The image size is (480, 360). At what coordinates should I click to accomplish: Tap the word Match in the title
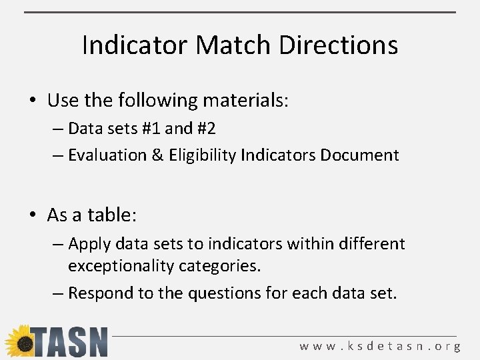pyautogui.click(x=234, y=45)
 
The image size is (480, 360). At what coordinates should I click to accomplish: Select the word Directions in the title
pyautogui.click(x=339, y=45)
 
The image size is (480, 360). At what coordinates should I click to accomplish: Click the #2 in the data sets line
pyautogui.click(x=205, y=128)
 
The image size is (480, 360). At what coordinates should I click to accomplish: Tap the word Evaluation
pyautogui.click(x=107, y=155)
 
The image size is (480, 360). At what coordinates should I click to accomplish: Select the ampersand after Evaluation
pyautogui.click(x=157, y=155)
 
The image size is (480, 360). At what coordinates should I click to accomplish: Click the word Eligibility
pyautogui.click(x=203, y=155)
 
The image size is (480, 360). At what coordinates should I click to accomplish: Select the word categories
pyautogui.click(x=217, y=266)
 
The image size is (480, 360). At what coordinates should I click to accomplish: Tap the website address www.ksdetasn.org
pyautogui.click(x=380, y=346)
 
